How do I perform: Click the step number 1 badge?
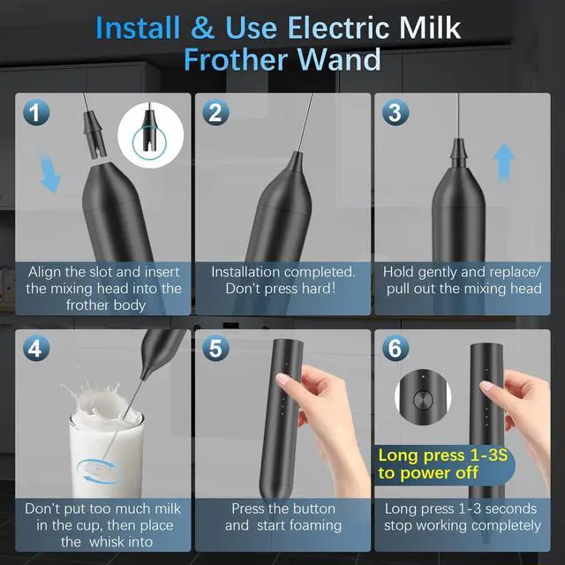pos(36,112)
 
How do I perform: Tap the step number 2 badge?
pos(215,112)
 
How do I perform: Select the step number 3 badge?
pos(395,112)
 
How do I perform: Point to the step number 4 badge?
pos(36,348)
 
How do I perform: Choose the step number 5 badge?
pos(215,348)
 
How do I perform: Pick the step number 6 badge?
pos(395,348)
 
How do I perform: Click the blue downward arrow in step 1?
pos(49,174)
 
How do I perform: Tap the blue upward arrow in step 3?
pos(504,162)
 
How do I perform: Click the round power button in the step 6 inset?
pos(423,400)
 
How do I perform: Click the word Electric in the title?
pos(339,28)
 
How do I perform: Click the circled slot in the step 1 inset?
pos(149,144)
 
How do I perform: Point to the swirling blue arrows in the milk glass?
pos(97,471)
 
